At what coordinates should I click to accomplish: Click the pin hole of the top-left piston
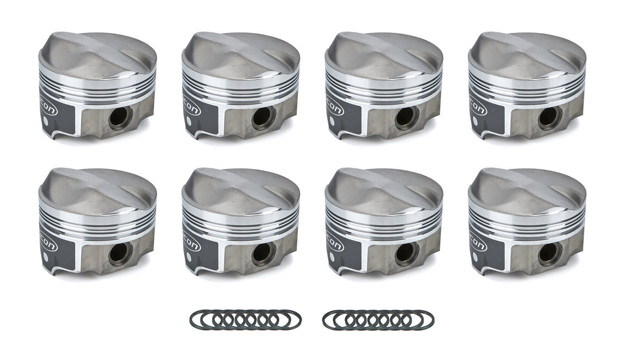[x=120, y=118]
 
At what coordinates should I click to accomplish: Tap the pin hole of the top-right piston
[x=550, y=118]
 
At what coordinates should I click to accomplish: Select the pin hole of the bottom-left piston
[x=120, y=254]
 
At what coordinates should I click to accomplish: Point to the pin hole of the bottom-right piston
[x=550, y=254]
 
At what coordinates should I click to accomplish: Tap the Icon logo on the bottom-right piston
[x=478, y=241]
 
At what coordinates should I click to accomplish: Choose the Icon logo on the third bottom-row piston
[x=335, y=241]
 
